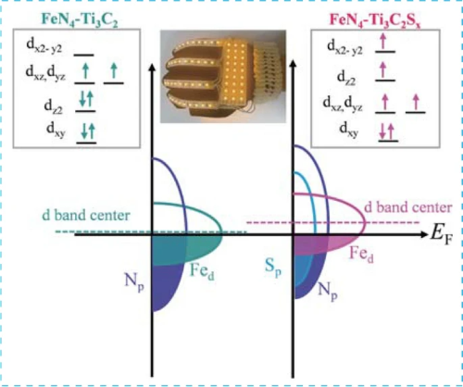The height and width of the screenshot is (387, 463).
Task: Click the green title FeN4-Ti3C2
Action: click(80, 20)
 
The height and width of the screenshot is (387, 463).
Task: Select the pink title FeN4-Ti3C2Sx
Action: click(375, 20)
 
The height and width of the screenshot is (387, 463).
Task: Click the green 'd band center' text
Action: click(86, 215)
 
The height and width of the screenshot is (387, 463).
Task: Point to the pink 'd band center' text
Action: click(408, 207)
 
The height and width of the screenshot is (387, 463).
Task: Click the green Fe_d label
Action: click(202, 271)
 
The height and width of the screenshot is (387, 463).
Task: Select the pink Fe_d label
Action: click(361, 255)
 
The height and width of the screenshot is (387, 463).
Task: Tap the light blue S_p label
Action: click(273, 267)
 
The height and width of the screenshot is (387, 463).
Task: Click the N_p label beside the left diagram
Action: click(134, 281)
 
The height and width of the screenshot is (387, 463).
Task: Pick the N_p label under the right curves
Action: click(328, 291)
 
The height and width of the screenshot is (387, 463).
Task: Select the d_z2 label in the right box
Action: click(346, 78)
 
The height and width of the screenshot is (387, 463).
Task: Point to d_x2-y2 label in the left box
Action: click(44, 46)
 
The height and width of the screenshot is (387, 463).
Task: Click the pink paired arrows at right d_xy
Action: click(387, 131)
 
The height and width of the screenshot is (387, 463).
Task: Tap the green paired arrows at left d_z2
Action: click(86, 100)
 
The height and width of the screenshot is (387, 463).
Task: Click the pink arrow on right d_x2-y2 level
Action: click(383, 42)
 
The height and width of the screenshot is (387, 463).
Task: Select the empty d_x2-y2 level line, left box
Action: click(83, 56)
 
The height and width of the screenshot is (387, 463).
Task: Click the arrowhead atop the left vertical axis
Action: click(152, 67)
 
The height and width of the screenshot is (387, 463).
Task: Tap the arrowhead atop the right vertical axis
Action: click(294, 63)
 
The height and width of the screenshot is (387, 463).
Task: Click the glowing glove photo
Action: click(223, 76)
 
